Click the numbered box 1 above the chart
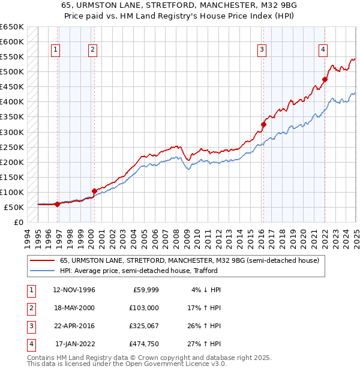tap(55, 50)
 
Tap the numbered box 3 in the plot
tap(262, 50)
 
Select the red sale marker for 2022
tap(325, 79)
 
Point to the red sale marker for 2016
tap(263, 124)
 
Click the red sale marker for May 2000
tap(94, 191)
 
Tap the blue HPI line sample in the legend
tap(42, 271)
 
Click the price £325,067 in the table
tap(143, 326)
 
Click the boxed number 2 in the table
tap(30, 308)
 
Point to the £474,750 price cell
tap(143, 344)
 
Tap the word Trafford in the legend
tap(307, 271)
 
